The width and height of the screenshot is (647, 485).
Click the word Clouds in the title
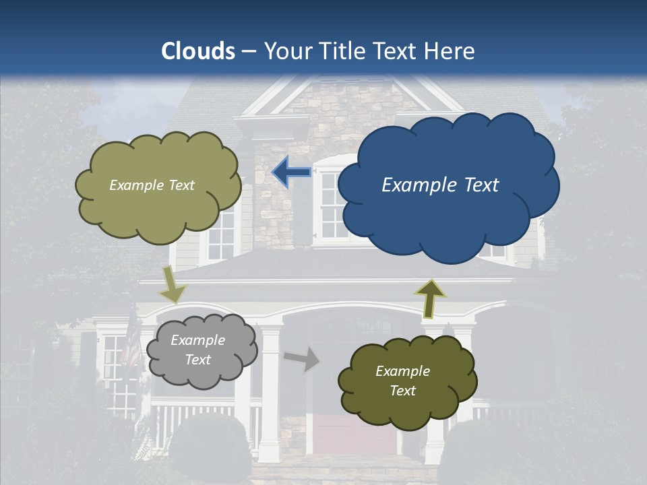[198, 51]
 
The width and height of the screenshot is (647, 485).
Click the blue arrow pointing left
[291, 172]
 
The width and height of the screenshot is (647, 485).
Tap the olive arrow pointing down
[173, 284]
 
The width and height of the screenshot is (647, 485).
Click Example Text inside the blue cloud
[440, 185]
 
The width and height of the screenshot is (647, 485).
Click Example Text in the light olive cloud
[152, 185]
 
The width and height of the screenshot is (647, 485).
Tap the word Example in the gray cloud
[197, 341]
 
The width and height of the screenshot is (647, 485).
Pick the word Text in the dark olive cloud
[402, 391]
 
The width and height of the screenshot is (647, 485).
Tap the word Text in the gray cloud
[197, 360]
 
